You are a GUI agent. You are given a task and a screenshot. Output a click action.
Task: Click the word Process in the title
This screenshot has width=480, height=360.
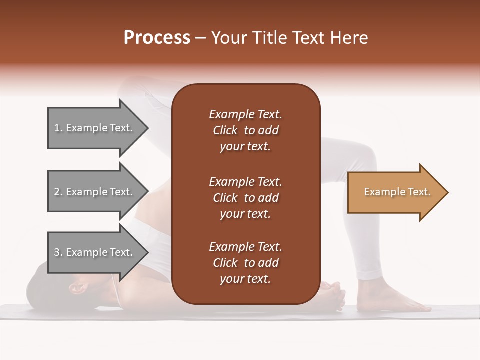(157, 38)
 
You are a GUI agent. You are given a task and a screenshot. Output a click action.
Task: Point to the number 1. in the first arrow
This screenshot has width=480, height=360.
(59, 128)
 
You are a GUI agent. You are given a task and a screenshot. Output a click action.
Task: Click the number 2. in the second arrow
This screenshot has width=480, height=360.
(59, 192)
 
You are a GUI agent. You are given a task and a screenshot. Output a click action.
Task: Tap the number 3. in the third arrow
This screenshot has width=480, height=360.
(59, 252)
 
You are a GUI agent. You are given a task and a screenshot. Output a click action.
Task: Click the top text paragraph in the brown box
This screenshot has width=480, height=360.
(245, 130)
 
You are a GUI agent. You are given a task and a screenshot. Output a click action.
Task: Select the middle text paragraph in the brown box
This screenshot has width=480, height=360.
(245, 197)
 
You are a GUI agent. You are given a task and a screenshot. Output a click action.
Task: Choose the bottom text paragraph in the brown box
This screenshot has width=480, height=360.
(245, 263)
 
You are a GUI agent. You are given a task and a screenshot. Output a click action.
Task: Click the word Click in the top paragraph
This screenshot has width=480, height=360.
(225, 130)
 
